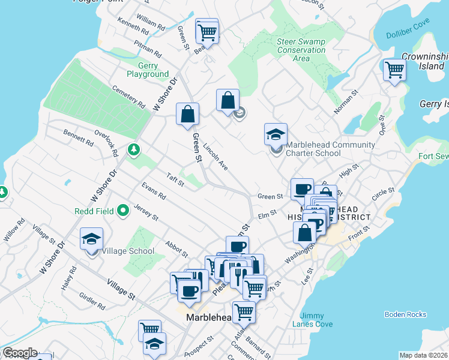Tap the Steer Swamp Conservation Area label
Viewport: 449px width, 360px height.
click(x=301, y=50)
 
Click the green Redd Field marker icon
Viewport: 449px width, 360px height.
click(x=124, y=211)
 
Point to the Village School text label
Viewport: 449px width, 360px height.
click(x=128, y=251)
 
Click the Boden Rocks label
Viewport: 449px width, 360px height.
click(x=405, y=314)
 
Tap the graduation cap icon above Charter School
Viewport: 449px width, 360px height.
click(x=276, y=134)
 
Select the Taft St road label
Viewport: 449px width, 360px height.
click(x=175, y=179)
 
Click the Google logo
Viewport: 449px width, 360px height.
click(x=20, y=353)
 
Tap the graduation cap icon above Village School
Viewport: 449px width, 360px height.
click(x=91, y=239)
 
